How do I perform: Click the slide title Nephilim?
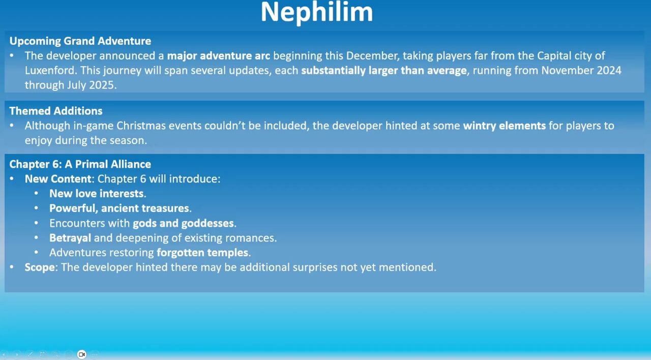point(317,12)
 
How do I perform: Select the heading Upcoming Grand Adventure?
point(80,41)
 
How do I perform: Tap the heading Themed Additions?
point(56,111)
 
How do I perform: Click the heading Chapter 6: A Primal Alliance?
point(80,164)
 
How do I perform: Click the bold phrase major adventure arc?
point(219,56)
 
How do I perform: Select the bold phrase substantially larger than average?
point(384,71)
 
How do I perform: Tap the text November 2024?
point(581,70)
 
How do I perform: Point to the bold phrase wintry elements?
point(504,126)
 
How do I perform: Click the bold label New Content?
point(58,179)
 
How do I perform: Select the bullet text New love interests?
point(98,194)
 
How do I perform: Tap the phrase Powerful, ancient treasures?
point(121,208)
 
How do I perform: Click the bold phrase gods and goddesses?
point(184,223)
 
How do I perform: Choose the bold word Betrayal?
point(70,238)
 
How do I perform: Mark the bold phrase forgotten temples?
point(202,253)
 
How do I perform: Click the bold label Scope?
point(40,267)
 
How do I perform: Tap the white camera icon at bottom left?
point(82,354)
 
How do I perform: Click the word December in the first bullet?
point(371,56)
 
